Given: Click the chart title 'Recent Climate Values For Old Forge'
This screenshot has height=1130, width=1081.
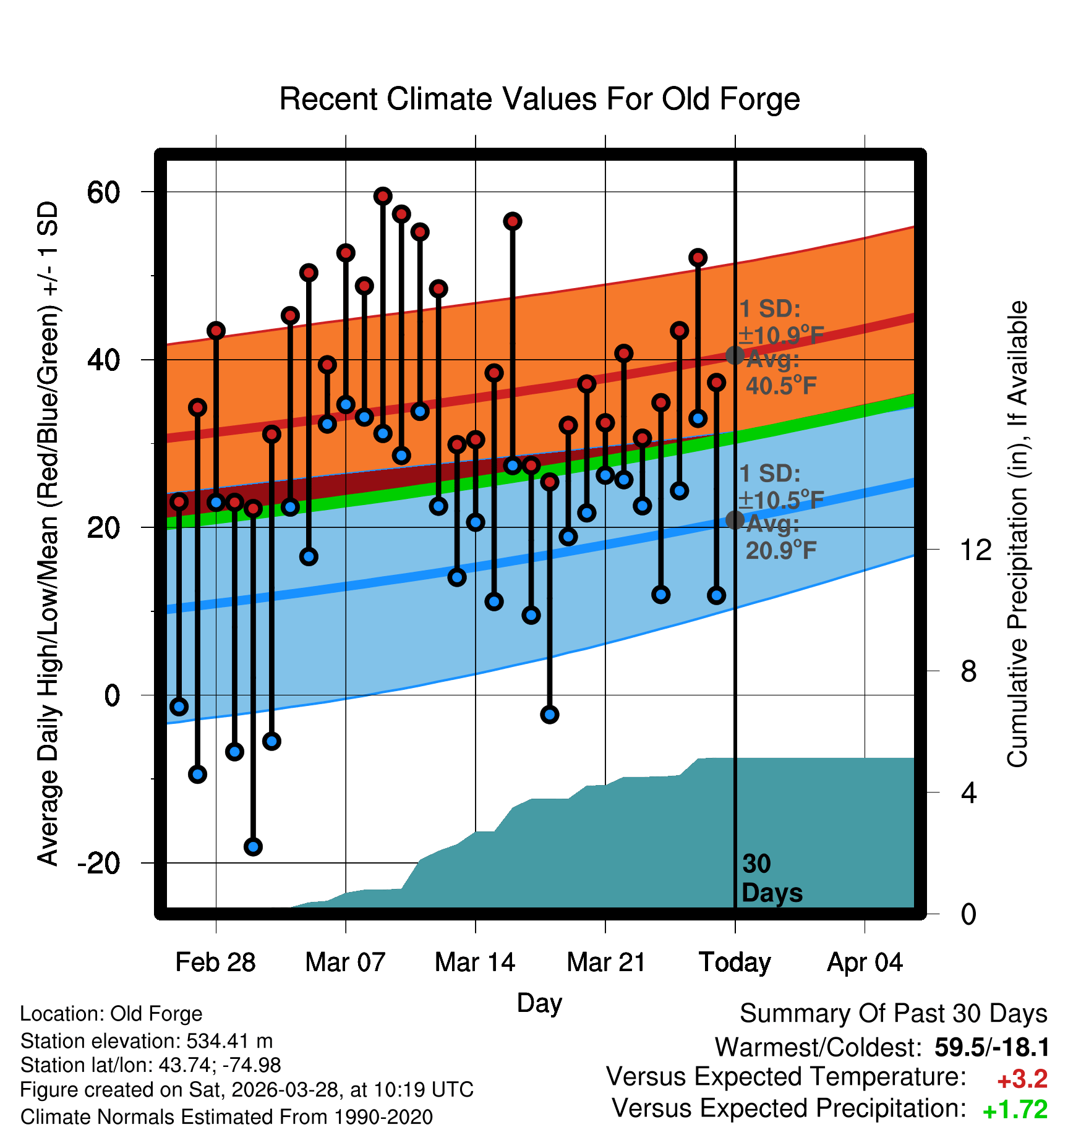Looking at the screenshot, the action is (x=540, y=99).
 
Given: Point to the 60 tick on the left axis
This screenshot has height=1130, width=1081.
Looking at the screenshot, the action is (x=104, y=192).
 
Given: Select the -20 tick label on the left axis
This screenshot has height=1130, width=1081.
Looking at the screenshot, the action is (x=99, y=863).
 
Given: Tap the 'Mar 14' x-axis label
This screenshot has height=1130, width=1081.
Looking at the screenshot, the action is (x=475, y=962).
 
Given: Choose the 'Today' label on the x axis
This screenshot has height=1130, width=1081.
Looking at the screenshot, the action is (x=735, y=962).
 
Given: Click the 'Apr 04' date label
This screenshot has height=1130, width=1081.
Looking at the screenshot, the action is (x=865, y=962).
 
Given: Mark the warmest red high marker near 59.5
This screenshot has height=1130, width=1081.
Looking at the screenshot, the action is (x=383, y=197).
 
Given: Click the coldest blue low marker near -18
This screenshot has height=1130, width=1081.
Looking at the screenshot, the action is (x=253, y=846).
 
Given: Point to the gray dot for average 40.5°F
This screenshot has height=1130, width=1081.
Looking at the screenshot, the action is (x=735, y=355).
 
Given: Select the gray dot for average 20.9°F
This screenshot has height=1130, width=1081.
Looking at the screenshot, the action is (x=735, y=520).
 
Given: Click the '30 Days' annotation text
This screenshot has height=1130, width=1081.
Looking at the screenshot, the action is (x=772, y=878).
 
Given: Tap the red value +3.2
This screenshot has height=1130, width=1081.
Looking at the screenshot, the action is (x=1022, y=1079).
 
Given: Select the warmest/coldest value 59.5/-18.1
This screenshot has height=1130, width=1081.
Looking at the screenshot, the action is (x=991, y=1047).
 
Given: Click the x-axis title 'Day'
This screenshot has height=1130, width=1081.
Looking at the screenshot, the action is (x=539, y=1003).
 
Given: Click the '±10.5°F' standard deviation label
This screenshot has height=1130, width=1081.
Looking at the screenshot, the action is (x=782, y=499).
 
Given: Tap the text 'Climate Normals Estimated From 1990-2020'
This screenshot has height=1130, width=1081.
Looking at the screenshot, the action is (x=226, y=1117).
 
